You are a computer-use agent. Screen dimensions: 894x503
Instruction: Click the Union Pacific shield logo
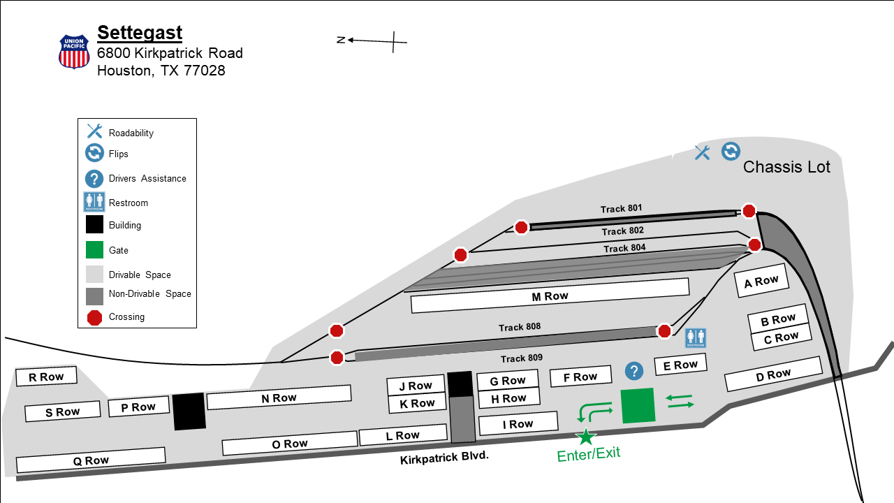[x=74, y=52]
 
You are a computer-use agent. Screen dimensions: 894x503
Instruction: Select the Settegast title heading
[x=140, y=33]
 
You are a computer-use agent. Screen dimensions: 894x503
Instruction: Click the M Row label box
[x=550, y=296]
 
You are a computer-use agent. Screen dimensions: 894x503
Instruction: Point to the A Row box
[x=761, y=281]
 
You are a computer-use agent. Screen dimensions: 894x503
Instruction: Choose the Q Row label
[x=91, y=460]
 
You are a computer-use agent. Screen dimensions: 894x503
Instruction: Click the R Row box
[x=46, y=377]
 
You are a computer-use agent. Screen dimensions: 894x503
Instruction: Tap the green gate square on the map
[x=638, y=405]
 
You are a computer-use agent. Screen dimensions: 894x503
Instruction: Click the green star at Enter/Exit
[x=586, y=437]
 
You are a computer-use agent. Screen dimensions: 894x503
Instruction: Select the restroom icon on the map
[x=696, y=337]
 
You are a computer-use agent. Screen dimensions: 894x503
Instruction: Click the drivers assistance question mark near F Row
[x=634, y=371]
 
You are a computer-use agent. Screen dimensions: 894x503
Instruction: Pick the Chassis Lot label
[x=786, y=167]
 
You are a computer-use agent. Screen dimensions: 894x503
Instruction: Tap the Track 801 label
[x=621, y=208]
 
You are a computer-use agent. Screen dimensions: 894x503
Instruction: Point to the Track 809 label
[x=522, y=358]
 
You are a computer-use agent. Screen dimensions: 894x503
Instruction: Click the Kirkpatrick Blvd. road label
[x=444, y=458]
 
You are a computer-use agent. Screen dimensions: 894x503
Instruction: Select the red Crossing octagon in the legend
[x=94, y=318]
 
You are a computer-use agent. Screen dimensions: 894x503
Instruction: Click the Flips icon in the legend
[x=94, y=153]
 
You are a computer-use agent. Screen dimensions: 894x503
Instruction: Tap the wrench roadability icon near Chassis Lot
[x=702, y=152]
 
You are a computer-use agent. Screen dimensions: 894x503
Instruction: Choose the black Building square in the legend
[x=94, y=224]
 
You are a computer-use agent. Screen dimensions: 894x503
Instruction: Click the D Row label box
[x=773, y=374]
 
